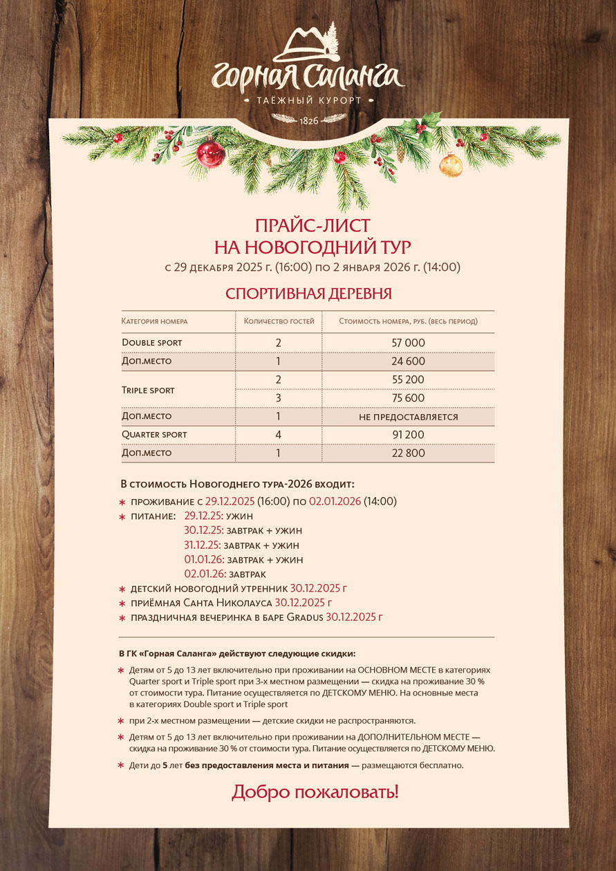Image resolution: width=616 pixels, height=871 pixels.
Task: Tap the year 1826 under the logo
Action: click(308, 121)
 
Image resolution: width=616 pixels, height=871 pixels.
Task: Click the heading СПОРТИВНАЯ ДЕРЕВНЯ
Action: click(308, 293)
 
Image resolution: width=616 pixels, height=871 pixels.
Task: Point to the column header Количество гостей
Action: click(279, 321)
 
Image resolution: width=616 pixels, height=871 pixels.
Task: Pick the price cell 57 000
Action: click(408, 343)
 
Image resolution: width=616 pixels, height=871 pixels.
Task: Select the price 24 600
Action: click(408, 362)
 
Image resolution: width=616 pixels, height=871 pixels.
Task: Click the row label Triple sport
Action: click(148, 390)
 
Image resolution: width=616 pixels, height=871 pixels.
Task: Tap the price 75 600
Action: click(408, 398)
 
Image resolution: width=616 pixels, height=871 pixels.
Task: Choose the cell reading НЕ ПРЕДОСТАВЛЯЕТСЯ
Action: click(408, 417)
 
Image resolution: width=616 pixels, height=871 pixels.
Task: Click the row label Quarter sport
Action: click(154, 435)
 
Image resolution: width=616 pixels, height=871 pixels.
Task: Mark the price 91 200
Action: click(408, 435)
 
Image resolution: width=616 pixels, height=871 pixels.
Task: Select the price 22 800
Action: click(408, 453)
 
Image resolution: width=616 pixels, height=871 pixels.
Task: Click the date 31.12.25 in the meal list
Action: click(203, 545)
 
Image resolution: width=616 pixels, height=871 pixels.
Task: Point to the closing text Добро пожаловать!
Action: click(315, 792)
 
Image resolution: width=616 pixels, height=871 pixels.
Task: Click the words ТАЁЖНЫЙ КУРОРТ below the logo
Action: click(308, 101)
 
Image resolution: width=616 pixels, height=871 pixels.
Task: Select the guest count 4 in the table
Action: click(278, 435)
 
